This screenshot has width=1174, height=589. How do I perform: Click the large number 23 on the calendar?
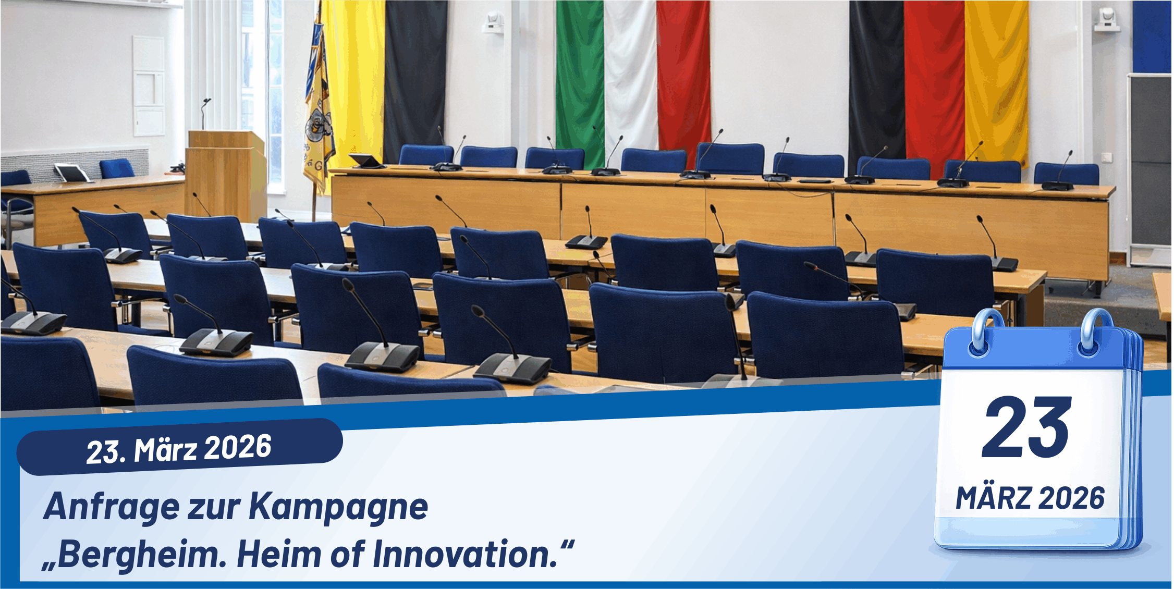tap(1027, 427)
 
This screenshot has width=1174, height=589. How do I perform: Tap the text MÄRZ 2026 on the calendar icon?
tap(1030, 498)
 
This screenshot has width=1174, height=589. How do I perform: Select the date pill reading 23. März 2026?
tap(179, 447)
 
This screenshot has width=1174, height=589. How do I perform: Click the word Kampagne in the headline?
tap(338, 507)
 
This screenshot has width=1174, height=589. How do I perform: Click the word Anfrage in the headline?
tap(112, 507)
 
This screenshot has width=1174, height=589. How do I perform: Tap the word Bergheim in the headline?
tap(138, 555)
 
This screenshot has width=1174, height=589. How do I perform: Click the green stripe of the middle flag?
tap(580, 78)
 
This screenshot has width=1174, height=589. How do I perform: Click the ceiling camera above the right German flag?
tap(1107, 20)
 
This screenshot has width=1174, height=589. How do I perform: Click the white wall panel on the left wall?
tap(149, 86)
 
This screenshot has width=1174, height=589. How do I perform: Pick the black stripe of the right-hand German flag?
tap(876, 78)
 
